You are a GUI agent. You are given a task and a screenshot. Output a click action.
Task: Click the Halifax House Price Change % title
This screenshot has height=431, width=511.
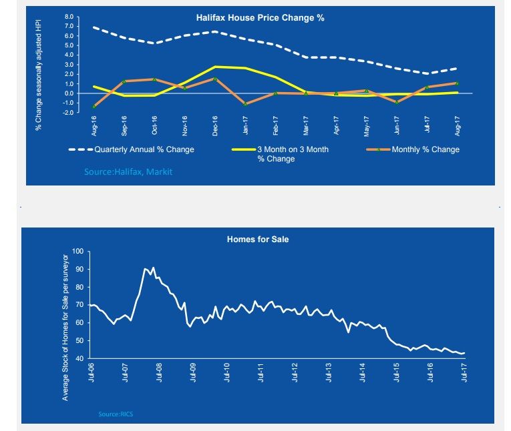[260, 17]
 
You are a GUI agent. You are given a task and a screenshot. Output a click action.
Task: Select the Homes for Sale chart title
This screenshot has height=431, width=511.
[258, 239]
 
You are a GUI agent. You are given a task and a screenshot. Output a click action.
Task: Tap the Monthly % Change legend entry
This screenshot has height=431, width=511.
[425, 149]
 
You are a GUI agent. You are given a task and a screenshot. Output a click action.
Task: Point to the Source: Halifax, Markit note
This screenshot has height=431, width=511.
[128, 172]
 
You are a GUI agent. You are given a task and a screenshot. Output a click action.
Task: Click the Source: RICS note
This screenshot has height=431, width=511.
[116, 415]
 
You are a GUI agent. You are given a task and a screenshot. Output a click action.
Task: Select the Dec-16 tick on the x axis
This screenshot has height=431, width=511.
[215, 124]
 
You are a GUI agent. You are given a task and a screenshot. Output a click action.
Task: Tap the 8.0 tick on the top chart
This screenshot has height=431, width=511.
[69, 16]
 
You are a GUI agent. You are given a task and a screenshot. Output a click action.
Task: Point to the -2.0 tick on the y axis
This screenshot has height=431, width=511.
[67, 113]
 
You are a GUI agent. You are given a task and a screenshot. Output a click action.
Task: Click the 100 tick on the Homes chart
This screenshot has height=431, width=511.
[78, 252]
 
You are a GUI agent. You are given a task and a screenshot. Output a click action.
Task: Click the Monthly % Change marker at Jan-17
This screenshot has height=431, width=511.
[245, 104]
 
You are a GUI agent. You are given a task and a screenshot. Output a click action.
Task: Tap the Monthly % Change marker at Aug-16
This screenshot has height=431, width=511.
[94, 106]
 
